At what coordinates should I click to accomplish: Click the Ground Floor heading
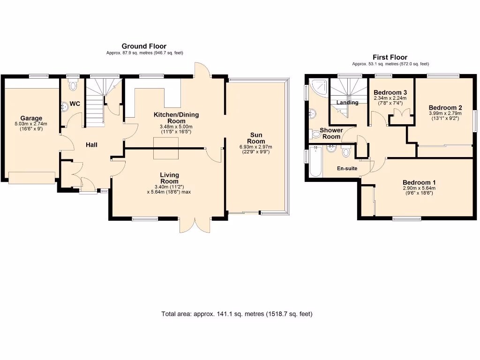pos(144,46)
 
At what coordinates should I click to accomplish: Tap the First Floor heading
pos(390,57)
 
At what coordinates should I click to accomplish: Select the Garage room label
pos(31,118)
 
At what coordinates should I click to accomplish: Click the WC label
pos(75,104)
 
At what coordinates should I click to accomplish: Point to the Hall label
pos(91,145)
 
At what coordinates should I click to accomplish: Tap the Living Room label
pos(169,178)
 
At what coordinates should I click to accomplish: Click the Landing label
pos(347,103)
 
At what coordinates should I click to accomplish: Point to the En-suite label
pos(347,168)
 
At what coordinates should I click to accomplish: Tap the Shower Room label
pos(331,134)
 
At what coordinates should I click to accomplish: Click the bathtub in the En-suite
pos(315,162)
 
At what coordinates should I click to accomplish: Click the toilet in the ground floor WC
pos(73,86)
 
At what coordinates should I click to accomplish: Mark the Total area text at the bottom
pos(237,314)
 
